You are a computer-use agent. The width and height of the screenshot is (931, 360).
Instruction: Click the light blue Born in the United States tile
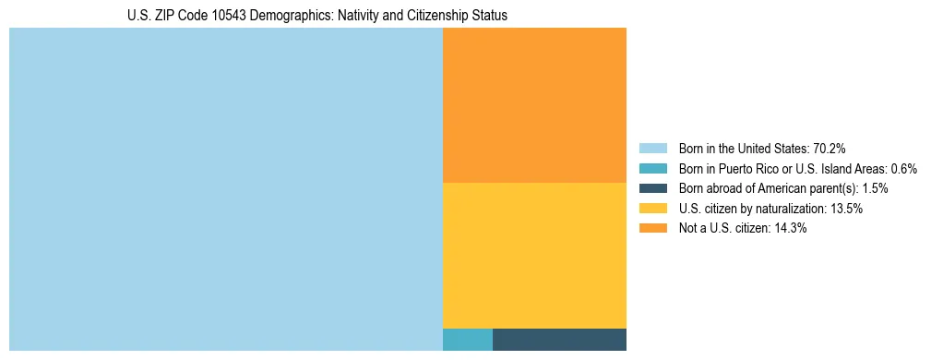tap(226, 189)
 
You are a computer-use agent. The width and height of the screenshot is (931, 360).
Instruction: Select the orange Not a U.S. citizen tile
tap(534, 105)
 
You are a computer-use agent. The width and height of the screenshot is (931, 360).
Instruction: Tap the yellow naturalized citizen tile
tap(534, 255)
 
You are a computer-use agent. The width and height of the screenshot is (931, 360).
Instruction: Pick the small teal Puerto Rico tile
tap(468, 339)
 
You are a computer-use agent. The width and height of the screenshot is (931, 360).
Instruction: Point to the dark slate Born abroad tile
tap(559, 339)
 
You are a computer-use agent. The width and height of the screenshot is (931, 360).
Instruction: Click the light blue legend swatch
tap(652, 148)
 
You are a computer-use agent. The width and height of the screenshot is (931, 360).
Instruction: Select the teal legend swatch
tap(652, 168)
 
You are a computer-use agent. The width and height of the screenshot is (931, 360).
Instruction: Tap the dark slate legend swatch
tap(652, 188)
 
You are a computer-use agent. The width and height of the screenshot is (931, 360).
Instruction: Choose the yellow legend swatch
tap(652, 209)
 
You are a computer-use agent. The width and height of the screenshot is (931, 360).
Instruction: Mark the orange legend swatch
tap(652, 229)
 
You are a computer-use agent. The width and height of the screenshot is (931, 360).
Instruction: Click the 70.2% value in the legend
tap(830, 148)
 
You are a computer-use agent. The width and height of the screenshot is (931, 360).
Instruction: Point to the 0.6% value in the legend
tap(903, 168)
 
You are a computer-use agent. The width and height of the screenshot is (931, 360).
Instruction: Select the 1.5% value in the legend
tap(872, 188)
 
